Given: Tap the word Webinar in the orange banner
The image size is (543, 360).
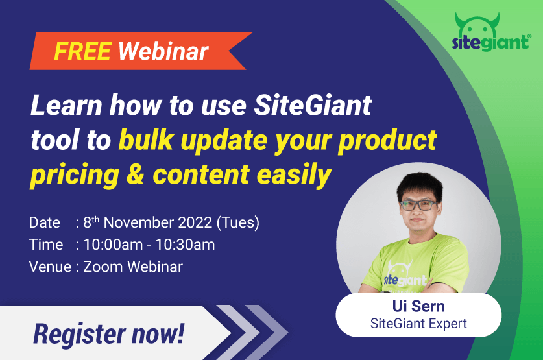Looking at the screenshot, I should coord(163,50).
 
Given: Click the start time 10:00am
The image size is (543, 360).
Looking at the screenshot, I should coord(110,245).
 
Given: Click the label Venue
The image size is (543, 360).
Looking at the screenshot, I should coord(49,266).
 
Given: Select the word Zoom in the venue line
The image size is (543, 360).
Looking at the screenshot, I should coord(104,266).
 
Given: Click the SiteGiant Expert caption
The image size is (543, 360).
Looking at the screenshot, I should coord(418,323).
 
